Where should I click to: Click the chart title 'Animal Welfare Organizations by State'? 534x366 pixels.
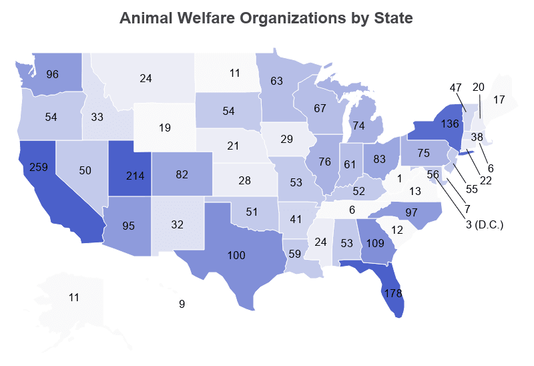[x=266, y=18]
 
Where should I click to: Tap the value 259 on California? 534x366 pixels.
[x=39, y=167]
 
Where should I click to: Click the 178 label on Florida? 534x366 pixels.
[x=392, y=293]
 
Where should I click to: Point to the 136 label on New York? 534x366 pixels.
[x=431, y=125]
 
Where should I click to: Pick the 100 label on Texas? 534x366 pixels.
[x=236, y=255]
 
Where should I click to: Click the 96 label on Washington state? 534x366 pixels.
[x=53, y=74]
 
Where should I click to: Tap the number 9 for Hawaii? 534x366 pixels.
[x=182, y=305]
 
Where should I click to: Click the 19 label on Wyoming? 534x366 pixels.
[x=165, y=128]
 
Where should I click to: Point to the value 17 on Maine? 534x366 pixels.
[x=499, y=100]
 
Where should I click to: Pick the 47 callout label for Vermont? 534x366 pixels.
[x=457, y=87]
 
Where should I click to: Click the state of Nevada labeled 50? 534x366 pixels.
[x=85, y=171]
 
